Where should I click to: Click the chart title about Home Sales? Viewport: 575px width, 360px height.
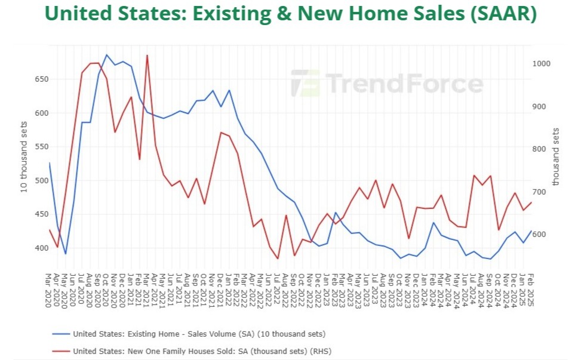tap(287, 14)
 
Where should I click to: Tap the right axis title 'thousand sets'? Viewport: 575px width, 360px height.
tap(556, 156)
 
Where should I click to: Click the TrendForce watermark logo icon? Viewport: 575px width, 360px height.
tap(305, 83)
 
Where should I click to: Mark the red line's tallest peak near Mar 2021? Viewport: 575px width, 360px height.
tap(147, 56)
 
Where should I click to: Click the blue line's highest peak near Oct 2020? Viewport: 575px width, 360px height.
tap(107, 55)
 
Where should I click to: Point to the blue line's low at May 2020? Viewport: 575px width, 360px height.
tap(66, 254)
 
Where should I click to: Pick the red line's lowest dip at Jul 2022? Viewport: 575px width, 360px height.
tap(278, 259)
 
